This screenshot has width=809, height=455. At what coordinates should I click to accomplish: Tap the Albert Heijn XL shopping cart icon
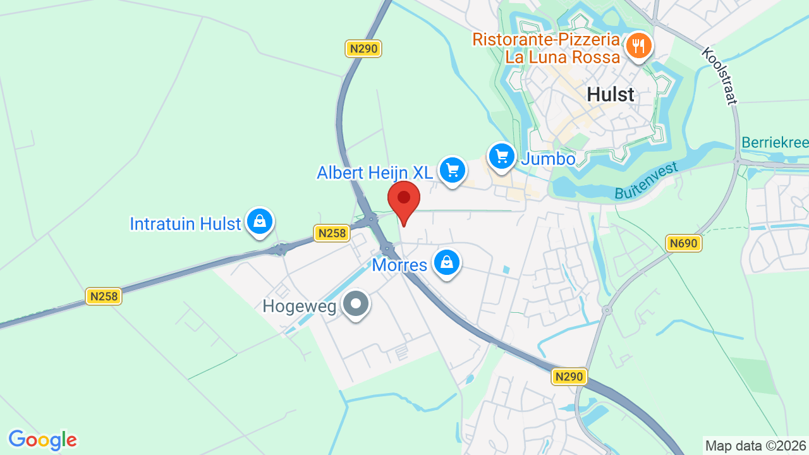(x=453, y=170)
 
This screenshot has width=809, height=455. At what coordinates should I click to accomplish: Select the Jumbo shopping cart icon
(x=502, y=155)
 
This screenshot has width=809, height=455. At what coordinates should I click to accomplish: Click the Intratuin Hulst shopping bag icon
(x=259, y=221)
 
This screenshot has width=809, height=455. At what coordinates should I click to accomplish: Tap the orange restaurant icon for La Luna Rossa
(x=639, y=45)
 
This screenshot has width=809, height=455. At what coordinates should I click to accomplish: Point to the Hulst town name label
(x=610, y=95)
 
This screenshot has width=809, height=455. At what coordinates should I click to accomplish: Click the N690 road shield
(x=684, y=243)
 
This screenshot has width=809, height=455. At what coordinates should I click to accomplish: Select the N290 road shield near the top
(x=364, y=49)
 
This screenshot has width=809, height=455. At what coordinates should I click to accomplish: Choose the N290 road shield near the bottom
(x=569, y=377)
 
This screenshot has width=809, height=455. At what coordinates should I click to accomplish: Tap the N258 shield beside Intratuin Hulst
(x=332, y=233)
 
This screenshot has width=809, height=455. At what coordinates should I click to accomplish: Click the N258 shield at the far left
(x=104, y=296)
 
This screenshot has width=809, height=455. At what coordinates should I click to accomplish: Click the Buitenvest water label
(x=646, y=181)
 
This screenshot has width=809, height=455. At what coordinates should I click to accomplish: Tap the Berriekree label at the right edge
(x=775, y=142)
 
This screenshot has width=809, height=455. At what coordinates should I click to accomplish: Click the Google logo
(x=42, y=439)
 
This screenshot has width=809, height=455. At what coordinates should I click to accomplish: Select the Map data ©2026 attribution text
(x=756, y=446)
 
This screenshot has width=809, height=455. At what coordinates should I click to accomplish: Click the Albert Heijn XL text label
(x=375, y=173)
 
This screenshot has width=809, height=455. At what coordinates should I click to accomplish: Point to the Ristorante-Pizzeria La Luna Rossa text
(x=547, y=48)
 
